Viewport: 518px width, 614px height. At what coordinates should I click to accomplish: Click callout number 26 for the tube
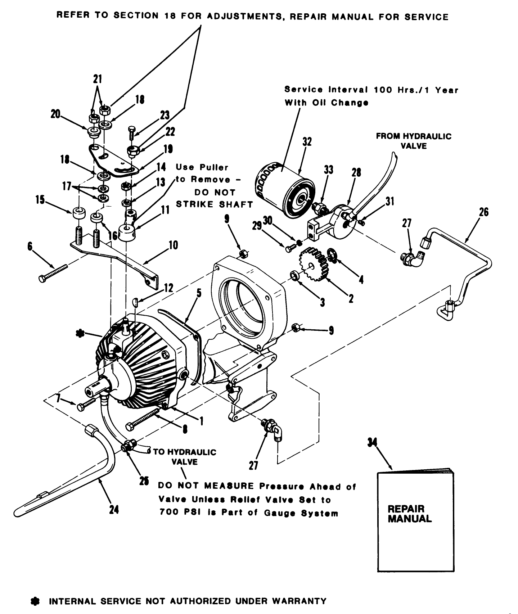coord(483,212)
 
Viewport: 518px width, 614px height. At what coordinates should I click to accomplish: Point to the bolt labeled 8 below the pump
coord(144,421)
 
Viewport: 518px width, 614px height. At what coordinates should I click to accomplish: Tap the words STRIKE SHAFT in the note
coord(214,204)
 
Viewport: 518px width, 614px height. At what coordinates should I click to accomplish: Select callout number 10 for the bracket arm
coord(173,245)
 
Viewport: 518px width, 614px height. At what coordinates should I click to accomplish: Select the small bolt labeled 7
coord(85,404)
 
